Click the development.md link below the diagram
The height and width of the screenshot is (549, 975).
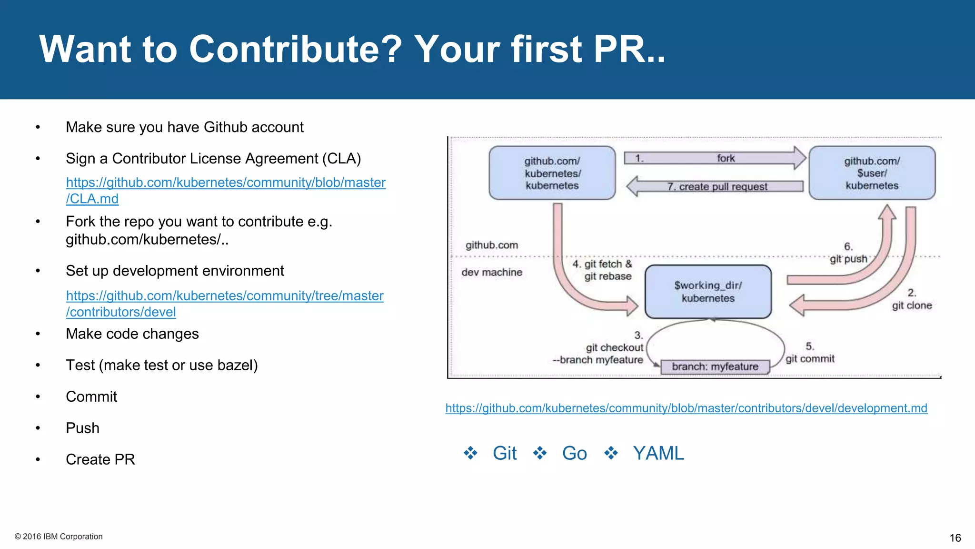pyautogui.click(x=686, y=408)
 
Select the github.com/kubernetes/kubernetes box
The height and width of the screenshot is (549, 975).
pyautogui.click(x=552, y=173)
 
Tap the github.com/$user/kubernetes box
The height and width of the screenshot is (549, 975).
pyautogui.click(x=872, y=173)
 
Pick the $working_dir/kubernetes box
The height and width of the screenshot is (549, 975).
pyautogui.click(x=708, y=292)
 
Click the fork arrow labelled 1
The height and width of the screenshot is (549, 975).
pyautogui.click(x=714, y=158)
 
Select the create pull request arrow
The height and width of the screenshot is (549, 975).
pyautogui.click(x=716, y=186)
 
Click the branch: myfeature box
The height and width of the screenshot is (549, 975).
pyautogui.click(x=715, y=366)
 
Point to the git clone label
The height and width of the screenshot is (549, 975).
pyautogui.click(x=912, y=305)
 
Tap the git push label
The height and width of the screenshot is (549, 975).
pyautogui.click(x=848, y=259)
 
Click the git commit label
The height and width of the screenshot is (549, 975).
pyautogui.click(x=810, y=359)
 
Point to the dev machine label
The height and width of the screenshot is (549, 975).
pyautogui.click(x=492, y=272)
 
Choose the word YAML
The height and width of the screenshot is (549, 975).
pyautogui.click(x=658, y=453)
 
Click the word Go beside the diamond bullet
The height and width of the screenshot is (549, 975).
pyautogui.click(x=574, y=453)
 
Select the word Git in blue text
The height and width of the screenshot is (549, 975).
pyautogui.click(x=505, y=453)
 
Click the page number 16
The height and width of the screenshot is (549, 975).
pyautogui.click(x=955, y=538)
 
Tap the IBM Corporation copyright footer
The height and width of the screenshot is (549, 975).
pyautogui.click(x=59, y=537)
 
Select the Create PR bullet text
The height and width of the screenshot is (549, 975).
pyautogui.click(x=100, y=459)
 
